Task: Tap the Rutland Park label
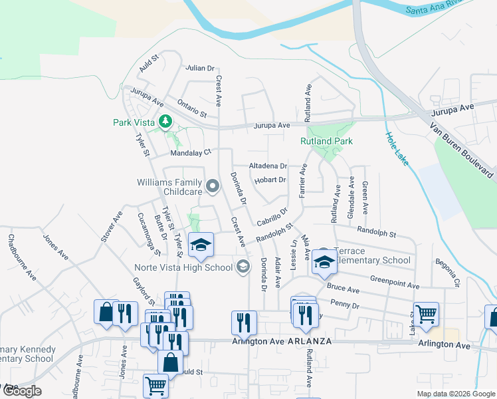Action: [x=326, y=141]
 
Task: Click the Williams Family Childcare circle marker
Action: [x=213, y=186]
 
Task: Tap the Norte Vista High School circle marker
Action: [x=243, y=267]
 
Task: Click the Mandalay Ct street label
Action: [x=191, y=152]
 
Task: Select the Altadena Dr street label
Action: [x=268, y=166]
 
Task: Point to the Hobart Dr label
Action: [x=269, y=180]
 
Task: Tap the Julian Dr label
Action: [x=201, y=68]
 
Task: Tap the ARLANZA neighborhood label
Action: [x=310, y=340]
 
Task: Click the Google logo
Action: [x=21, y=391]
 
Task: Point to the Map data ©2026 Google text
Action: [x=455, y=394]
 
